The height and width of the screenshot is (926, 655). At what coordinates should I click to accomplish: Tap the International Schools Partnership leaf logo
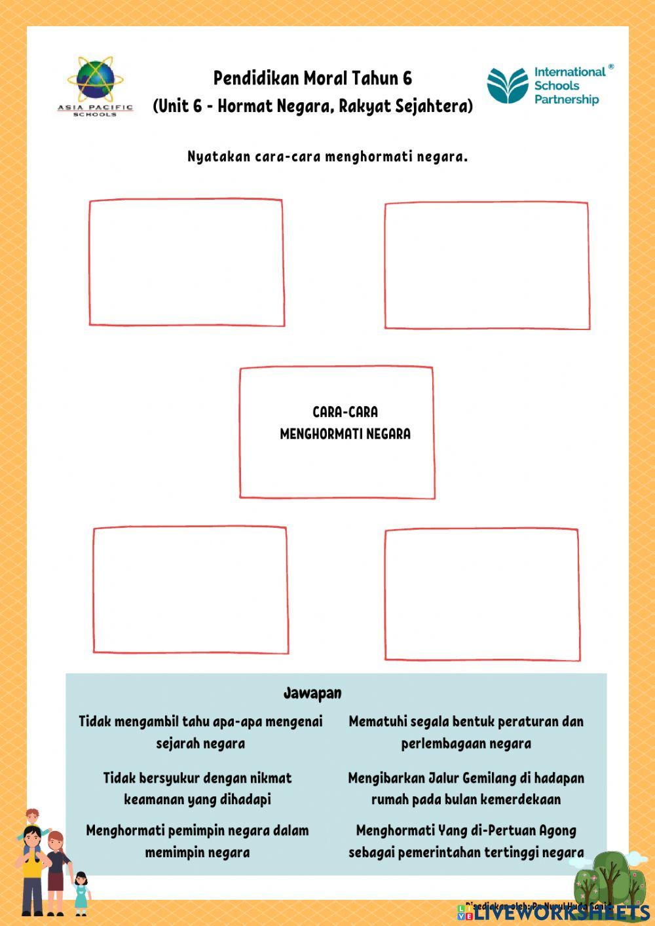coord(507,86)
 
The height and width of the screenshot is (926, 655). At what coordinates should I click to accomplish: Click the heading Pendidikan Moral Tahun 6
coord(312,79)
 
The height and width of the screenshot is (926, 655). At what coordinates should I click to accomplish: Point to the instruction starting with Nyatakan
coord(327,157)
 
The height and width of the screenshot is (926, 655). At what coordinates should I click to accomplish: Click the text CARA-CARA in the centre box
coord(345,412)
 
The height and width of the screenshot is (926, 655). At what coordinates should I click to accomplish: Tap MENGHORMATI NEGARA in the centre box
coord(345,434)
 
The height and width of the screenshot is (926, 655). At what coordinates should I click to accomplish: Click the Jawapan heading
coord(312,693)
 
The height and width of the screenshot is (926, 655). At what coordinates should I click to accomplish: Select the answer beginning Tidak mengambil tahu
coord(200,732)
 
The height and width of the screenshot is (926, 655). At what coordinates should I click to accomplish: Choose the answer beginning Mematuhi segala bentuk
coord(466,732)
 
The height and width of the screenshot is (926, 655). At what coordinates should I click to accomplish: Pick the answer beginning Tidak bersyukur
coord(197,788)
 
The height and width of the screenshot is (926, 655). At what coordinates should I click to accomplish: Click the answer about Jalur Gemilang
coord(466,788)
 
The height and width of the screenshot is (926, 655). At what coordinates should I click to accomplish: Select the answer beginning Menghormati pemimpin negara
coord(197,842)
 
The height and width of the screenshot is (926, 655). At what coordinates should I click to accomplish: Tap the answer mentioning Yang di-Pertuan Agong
coord(466,842)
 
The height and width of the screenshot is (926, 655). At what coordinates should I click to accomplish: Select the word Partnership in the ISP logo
coord(567,100)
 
